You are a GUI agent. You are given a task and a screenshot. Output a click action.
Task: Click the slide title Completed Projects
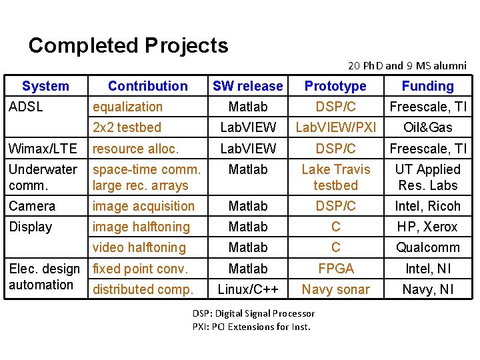tap(128, 45)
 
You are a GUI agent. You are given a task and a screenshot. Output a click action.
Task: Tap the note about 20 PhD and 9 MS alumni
tap(407, 65)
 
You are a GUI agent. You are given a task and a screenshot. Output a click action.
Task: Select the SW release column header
tap(247, 86)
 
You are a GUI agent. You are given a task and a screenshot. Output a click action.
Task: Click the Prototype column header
tap(335, 86)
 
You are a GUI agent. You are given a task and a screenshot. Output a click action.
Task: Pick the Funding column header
tap(427, 86)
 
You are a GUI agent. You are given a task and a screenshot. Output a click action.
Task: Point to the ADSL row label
tap(25, 107)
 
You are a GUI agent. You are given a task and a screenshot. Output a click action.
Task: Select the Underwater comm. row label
tap(43, 177)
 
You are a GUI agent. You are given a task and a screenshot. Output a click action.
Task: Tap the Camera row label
tap(32, 206)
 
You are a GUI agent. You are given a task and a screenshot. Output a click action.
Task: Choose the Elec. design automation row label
tap(44, 277)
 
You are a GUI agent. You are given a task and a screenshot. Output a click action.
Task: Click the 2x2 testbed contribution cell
tap(127, 127)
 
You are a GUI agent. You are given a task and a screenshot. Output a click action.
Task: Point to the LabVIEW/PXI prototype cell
tap(335, 127)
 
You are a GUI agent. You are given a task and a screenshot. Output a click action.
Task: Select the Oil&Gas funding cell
tap(427, 127)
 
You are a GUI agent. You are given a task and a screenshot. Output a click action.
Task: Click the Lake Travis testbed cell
tap(335, 177)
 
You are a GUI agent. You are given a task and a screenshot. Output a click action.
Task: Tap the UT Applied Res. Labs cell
tap(427, 177)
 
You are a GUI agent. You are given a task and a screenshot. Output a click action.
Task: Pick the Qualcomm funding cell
tap(427, 247)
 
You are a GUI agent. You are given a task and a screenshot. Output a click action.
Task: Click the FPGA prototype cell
tap(335, 269)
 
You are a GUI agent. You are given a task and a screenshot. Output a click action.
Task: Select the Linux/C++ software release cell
tap(247, 289)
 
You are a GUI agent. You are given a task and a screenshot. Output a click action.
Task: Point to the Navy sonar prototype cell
tap(335, 289)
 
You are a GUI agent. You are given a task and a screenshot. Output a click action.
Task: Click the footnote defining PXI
tap(251, 327)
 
